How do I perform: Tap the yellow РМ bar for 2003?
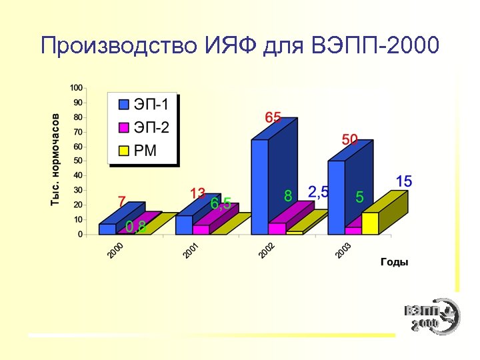click(x=371, y=223)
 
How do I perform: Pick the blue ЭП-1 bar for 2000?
click(x=107, y=229)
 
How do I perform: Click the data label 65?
click(x=273, y=117)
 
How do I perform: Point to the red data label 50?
click(x=350, y=139)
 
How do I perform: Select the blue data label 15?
click(x=404, y=181)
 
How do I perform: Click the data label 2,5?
click(x=319, y=192)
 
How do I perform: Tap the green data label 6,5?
click(x=221, y=204)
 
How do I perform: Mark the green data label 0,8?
click(x=136, y=227)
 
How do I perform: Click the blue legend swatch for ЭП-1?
click(x=123, y=105)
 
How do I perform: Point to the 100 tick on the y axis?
click(x=76, y=88)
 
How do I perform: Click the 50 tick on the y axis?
click(x=78, y=161)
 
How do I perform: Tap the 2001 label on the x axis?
click(x=191, y=251)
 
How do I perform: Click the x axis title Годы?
click(x=394, y=263)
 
